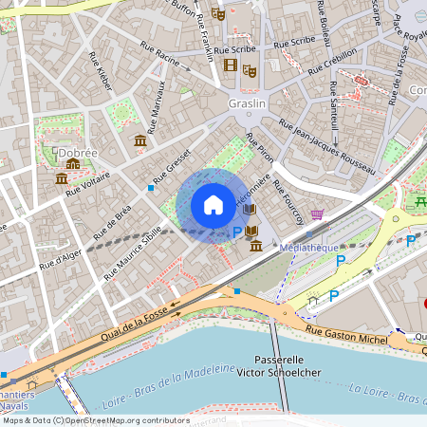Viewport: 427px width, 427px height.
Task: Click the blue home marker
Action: coord(213,205)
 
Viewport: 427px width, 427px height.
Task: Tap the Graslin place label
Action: coord(246,103)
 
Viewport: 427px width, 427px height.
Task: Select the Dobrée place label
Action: coord(77,151)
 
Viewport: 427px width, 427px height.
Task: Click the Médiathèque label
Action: coord(309,246)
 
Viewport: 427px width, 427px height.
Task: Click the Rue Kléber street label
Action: coord(102,71)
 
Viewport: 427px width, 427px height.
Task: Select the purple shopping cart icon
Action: coord(317,214)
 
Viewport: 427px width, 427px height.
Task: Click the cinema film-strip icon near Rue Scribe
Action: coord(230,65)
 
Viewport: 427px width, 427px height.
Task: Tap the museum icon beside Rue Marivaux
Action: coord(140,141)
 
